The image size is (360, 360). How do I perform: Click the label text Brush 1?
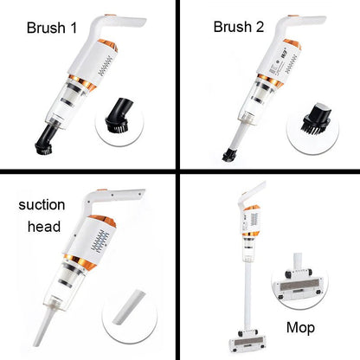click(x=51, y=28)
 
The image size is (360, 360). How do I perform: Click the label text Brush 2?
click(x=237, y=27)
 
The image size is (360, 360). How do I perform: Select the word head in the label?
click(x=41, y=227)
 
